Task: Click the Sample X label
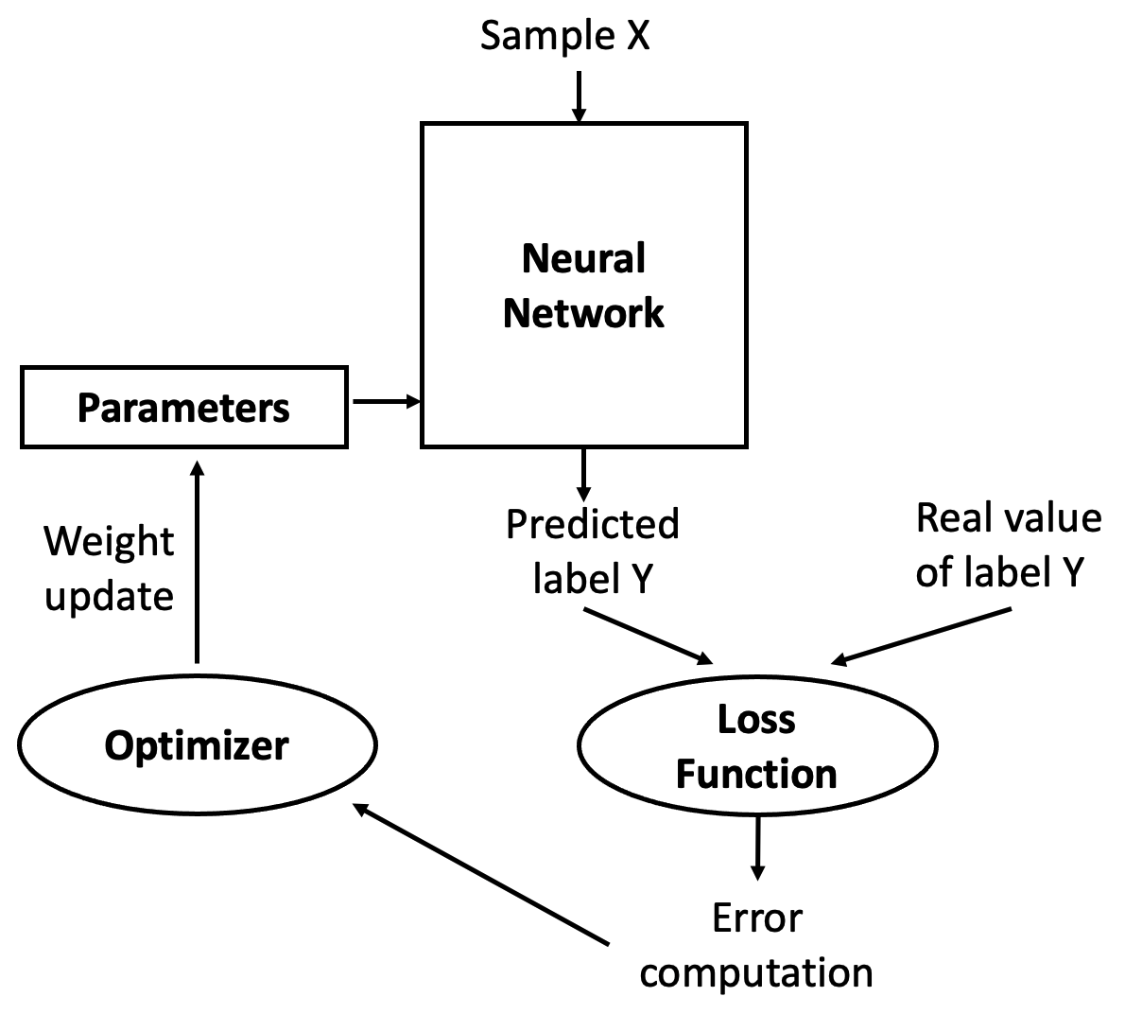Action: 564,36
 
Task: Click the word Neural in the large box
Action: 583,258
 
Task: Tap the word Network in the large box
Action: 583,313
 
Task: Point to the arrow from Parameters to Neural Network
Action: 385,402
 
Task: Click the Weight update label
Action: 109,568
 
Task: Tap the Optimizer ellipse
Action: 197,744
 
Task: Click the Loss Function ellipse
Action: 756,746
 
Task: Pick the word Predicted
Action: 592,524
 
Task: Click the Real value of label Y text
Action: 1008,545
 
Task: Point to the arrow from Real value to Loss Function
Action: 921,637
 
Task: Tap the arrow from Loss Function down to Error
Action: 756,848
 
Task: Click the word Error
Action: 756,918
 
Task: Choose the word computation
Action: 756,972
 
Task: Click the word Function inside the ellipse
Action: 756,774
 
